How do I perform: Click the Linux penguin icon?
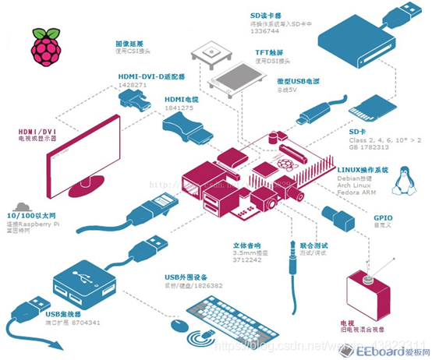[403, 180]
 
